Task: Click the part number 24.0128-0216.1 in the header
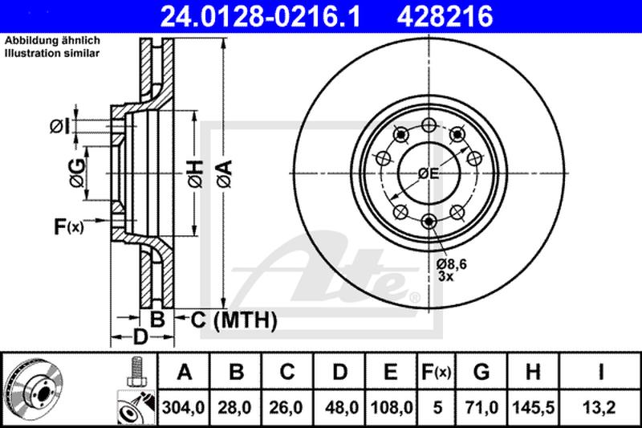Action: pyautogui.click(x=260, y=16)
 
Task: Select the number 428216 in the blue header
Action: pyautogui.click(x=445, y=16)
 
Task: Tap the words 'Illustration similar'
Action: pyautogui.click(x=52, y=53)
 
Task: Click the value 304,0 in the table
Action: pyautogui.click(x=184, y=407)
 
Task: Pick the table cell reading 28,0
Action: pyautogui.click(x=235, y=407)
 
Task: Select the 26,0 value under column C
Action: pyautogui.click(x=286, y=407)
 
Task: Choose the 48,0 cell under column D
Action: pyautogui.click(x=339, y=407)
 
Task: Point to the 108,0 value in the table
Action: pyautogui.click(x=391, y=407)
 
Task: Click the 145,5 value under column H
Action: pyautogui.click(x=533, y=407)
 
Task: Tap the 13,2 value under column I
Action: pyautogui.click(x=600, y=407)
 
